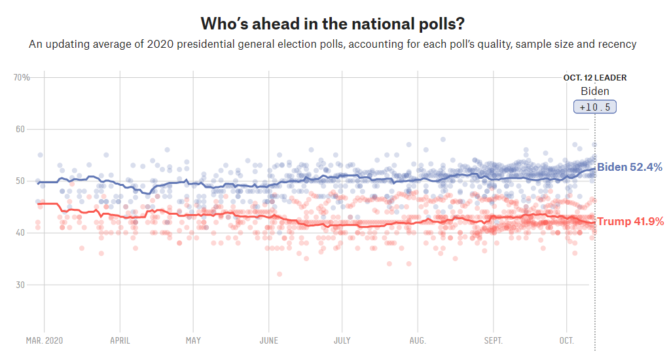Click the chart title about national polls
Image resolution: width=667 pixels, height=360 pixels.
(333, 24)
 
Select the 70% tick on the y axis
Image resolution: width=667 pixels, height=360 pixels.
(22, 77)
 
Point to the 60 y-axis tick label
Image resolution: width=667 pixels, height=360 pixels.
(21, 129)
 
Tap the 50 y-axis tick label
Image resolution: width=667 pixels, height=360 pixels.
(21, 181)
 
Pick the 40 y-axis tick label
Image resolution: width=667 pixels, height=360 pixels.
(21, 232)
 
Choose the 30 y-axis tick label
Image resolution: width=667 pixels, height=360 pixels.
(21, 285)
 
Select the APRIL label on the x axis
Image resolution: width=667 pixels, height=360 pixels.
(119, 341)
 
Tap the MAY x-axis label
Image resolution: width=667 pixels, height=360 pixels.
(193, 341)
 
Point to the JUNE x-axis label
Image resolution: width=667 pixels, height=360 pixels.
(268, 341)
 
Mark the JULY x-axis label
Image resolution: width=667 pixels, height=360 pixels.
(342, 341)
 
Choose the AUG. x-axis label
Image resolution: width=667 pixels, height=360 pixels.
(417, 341)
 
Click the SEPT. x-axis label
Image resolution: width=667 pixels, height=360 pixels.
(492, 341)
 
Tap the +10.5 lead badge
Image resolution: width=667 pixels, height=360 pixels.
(595, 107)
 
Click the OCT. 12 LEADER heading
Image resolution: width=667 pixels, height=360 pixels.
(594, 78)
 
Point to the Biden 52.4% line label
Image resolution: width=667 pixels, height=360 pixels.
(629, 168)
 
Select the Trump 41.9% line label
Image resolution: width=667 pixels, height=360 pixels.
(630, 222)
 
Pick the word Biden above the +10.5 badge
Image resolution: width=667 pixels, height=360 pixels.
(595, 91)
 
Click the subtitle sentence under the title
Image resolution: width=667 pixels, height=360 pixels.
(333, 45)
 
